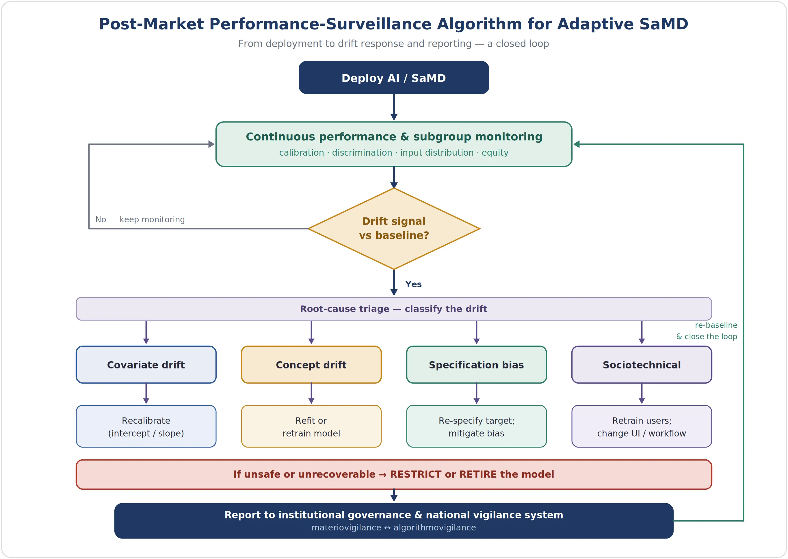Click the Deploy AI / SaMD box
coord(394,77)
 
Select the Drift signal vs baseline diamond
coord(394,229)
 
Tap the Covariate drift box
coord(146,364)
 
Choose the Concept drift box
coord(311,364)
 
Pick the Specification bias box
coord(476,364)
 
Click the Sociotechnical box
coord(642,364)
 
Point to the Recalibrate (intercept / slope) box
coord(146,426)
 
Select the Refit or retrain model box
coord(311,426)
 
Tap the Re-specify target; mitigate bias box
coord(476,426)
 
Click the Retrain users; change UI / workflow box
coord(642,426)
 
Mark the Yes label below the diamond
coord(413,284)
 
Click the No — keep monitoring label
coord(140,220)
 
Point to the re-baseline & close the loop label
coord(707,331)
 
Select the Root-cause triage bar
coord(394,309)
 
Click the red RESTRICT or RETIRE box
coord(394,474)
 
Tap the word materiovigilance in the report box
coord(346,528)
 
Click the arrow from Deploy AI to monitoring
coord(394,107)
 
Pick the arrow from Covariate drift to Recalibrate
coord(146,394)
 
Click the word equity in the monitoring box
coord(495,153)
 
